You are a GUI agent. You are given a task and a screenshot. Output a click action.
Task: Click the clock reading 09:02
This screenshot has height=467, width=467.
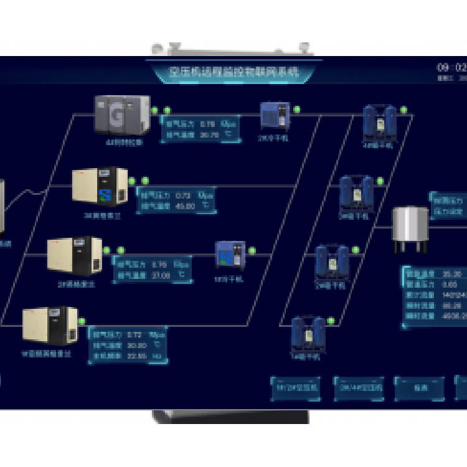click(451, 67)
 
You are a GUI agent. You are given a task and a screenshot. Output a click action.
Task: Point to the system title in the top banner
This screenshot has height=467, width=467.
click(234, 72)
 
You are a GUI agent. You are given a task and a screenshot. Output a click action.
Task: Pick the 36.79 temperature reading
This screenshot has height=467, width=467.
click(210, 134)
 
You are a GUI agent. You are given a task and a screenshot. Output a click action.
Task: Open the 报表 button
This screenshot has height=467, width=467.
click(420, 387)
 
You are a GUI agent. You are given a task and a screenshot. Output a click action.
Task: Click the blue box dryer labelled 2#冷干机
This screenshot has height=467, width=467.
click(275, 115)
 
